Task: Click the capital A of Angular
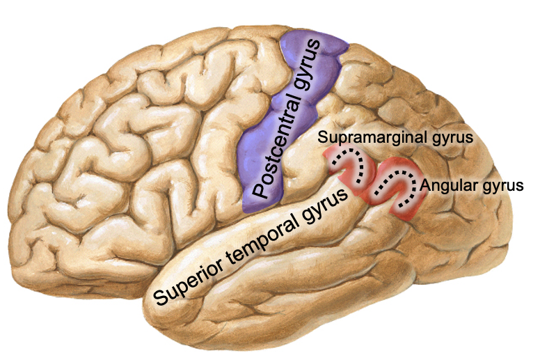[426, 185]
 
